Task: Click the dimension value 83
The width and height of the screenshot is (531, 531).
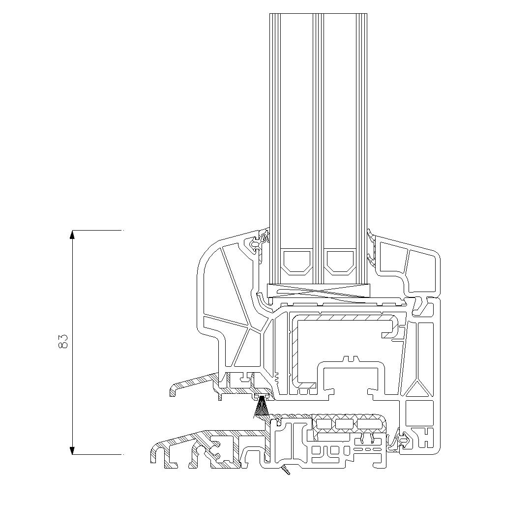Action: [63, 341]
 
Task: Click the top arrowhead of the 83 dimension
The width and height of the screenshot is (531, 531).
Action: [72, 235]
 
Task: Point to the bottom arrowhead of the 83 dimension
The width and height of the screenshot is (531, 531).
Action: [72, 450]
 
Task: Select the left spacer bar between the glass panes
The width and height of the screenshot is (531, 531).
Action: [297, 262]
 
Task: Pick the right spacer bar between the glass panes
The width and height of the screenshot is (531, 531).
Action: [340, 262]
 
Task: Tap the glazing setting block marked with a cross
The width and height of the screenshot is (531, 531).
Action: [318, 291]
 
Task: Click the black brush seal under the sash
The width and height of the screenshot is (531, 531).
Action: [261, 407]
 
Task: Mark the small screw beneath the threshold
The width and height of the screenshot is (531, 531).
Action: [285, 470]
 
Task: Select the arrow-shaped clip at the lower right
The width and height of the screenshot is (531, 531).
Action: [404, 441]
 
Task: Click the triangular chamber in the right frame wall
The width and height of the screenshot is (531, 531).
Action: [418, 388]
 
